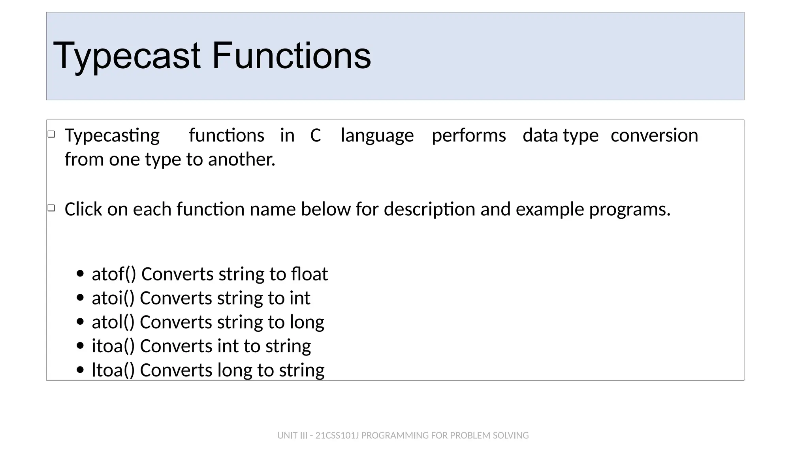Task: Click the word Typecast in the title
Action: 126,56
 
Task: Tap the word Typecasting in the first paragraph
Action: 112,135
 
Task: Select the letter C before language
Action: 315,135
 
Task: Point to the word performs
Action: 468,135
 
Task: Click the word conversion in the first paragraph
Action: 654,135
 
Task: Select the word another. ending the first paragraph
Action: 241,160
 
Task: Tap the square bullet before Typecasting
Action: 51,134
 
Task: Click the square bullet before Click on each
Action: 51,208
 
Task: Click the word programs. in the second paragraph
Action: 630,209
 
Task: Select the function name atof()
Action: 114,274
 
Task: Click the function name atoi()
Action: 113,298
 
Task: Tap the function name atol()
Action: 113,322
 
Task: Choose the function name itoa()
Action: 113,346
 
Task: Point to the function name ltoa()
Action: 113,370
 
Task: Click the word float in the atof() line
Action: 309,274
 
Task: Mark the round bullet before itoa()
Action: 81,346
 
